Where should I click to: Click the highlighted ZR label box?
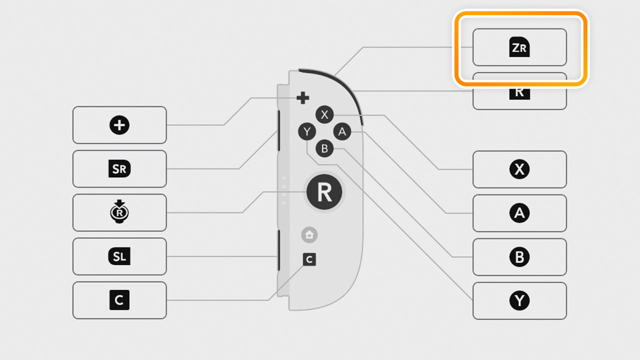coord(519,47)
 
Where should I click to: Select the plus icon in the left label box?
coord(119,125)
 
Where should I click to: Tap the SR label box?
coord(119,169)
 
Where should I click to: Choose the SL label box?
coord(119,256)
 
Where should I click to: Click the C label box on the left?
coord(119,300)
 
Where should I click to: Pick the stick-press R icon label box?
coord(119,213)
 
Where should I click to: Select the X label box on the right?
coord(519,169)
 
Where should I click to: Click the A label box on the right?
coord(519,213)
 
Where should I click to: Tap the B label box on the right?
coord(519,257)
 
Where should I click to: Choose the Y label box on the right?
coord(519,301)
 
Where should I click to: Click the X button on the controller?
coord(324,115)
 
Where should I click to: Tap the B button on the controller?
coord(324,148)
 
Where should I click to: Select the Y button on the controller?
coord(307,132)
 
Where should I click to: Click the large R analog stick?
coord(324,192)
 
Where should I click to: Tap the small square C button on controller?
coord(309,259)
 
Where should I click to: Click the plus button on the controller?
coord(302,98)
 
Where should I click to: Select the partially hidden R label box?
coord(519,95)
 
